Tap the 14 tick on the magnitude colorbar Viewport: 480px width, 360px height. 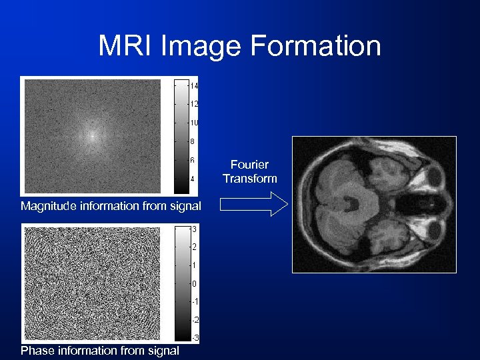pyautogui.click(x=194, y=86)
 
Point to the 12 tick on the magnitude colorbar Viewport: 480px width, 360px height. pyautogui.click(x=194, y=104)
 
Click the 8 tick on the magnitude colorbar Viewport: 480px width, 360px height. pyautogui.click(x=193, y=141)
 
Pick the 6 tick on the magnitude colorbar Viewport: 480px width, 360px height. pyautogui.click(x=193, y=161)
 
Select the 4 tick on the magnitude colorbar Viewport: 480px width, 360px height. pyautogui.click(x=193, y=179)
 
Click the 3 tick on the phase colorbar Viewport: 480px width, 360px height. pyautogui.click(x=193, y=229)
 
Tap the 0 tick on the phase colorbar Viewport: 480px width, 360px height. pyautogui.click(x=193, y=284)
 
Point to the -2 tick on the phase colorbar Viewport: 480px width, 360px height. pyautogui.click(x=194, y=321)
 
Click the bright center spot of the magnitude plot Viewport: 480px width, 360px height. pyautogui.click(x=92, y=135)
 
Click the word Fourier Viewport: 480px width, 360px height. pyautogui.click(x=250, y=165)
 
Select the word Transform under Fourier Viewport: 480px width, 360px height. pyautogui.click(x=250, y=178)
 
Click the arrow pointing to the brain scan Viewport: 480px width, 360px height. pyautogui.click(x=253, y=205)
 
